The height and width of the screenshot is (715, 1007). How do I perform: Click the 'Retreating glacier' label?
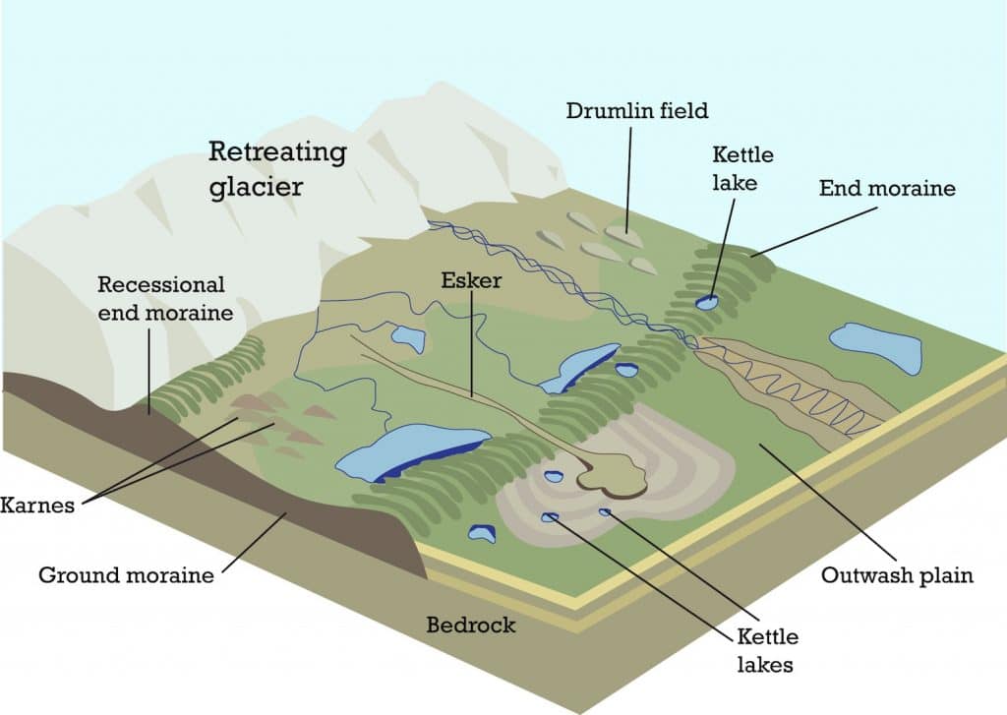(x=277, y=169)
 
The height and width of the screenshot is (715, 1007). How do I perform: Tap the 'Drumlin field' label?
(x=636, y=110)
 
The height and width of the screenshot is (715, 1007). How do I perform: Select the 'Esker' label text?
(x=471, y=281)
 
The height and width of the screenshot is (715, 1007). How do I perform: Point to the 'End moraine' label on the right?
(x=887, y=187)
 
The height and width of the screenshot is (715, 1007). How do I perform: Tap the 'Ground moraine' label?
(x=126, y=575)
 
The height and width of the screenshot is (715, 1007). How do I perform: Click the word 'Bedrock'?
(x=470, y=625)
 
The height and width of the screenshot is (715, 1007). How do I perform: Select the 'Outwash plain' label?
(x=897, y=575)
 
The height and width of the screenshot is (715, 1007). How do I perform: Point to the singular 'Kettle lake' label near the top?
(x=742, y=168)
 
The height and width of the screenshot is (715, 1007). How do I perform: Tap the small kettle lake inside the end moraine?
(x=706, y=302)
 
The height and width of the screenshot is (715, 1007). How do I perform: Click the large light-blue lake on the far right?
(x=875, y=346)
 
